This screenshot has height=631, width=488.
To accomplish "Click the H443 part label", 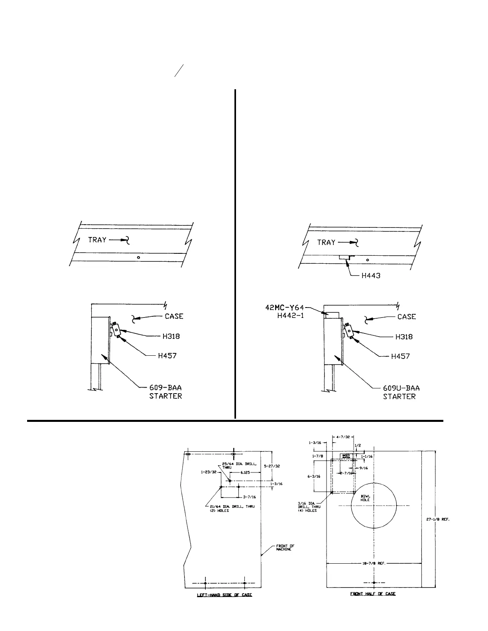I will [371, 275].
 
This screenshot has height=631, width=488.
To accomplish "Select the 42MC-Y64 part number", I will [285, 308].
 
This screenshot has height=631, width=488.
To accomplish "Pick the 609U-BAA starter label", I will [401, 388].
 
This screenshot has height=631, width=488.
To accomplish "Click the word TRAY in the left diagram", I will [97, 240].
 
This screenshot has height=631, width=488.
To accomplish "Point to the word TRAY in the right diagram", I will [326, 242].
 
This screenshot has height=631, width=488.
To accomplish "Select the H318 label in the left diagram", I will [171, 336].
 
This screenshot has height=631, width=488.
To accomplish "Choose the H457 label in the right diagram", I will [400, 357].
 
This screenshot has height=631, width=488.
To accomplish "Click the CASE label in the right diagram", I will [407, 317].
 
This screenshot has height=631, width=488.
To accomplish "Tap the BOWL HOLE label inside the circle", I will [365, 498].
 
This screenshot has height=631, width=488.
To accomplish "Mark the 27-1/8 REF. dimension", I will [441, 519].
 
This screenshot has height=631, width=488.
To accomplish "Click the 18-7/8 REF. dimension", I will [374, 564].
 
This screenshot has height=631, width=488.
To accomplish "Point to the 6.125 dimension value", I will [245, 472].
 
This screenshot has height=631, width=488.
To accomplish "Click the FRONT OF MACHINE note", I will [285, 547].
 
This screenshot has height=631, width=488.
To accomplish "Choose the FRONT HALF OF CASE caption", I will [373, 594].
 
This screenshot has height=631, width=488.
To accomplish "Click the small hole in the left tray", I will [138, 257].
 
